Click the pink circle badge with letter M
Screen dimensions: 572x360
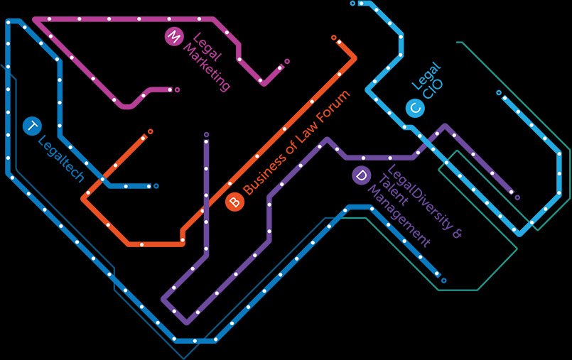pos(173,37)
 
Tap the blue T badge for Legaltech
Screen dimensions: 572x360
pos(32,126)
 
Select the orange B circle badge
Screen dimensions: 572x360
pos(234,202)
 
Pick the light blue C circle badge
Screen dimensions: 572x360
pos(416,109)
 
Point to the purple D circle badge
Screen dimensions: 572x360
pos(361,176)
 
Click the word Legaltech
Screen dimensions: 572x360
pos(61,158)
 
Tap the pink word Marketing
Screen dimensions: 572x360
pos(206,67)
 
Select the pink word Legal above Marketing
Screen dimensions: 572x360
pos(207,47)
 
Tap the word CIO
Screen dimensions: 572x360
pos(433,89)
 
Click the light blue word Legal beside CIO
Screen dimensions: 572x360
pos(426,76)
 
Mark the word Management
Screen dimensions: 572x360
pos(399,216)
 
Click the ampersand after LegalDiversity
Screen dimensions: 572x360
pos(457,233)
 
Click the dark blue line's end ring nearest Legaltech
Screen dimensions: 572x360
pos(156,186)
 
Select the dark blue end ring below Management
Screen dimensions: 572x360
pos(443,281)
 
